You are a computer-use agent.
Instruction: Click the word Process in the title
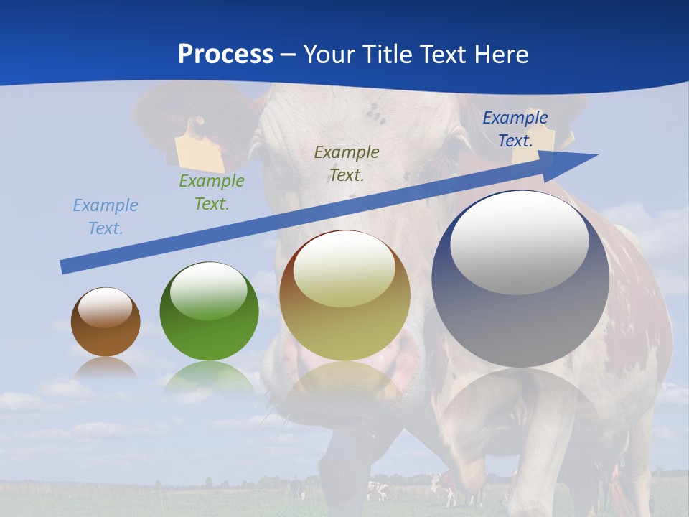225,55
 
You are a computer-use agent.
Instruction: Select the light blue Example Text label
106,217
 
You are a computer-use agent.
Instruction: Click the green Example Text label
212,192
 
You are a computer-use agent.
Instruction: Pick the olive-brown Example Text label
347,163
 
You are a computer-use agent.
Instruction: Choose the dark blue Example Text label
515,129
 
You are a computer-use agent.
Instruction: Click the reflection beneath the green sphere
209,377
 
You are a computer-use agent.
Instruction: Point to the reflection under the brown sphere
106,368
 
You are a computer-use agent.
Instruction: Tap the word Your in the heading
330,55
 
